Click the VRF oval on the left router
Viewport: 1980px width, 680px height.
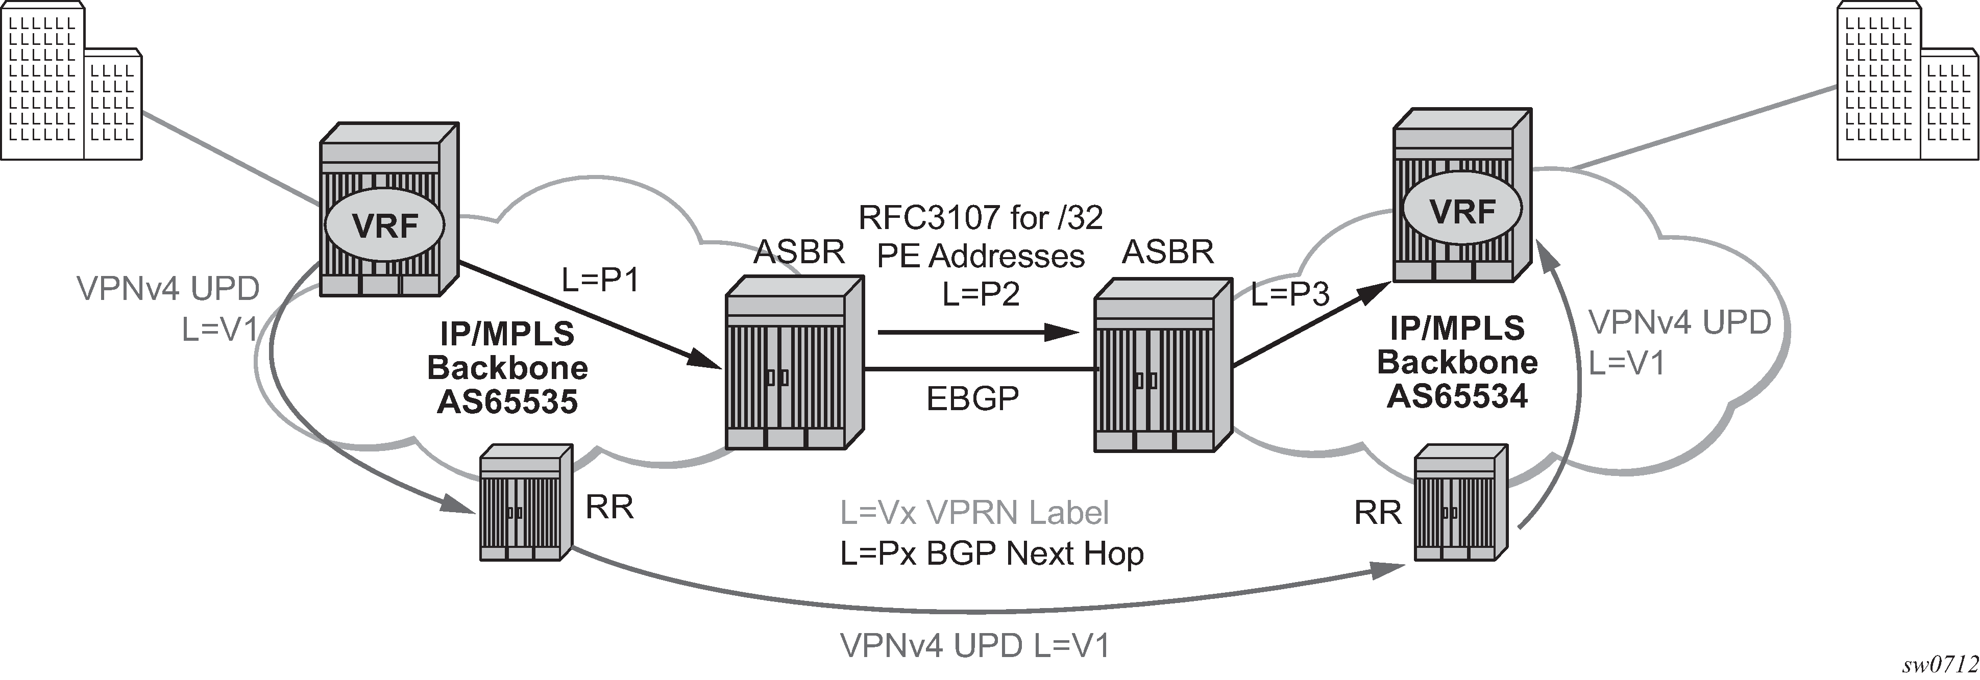384,225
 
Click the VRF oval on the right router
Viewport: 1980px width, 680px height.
1463,210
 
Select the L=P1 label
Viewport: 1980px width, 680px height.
600,281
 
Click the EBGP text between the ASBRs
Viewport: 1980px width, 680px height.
973,398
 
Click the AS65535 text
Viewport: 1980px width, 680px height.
507,401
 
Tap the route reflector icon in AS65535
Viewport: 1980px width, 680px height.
526,502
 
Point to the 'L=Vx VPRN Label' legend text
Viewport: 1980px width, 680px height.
974,513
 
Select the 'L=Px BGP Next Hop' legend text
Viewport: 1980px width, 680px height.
992,553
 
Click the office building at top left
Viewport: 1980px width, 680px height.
71,81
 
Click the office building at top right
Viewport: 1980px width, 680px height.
1908,81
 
